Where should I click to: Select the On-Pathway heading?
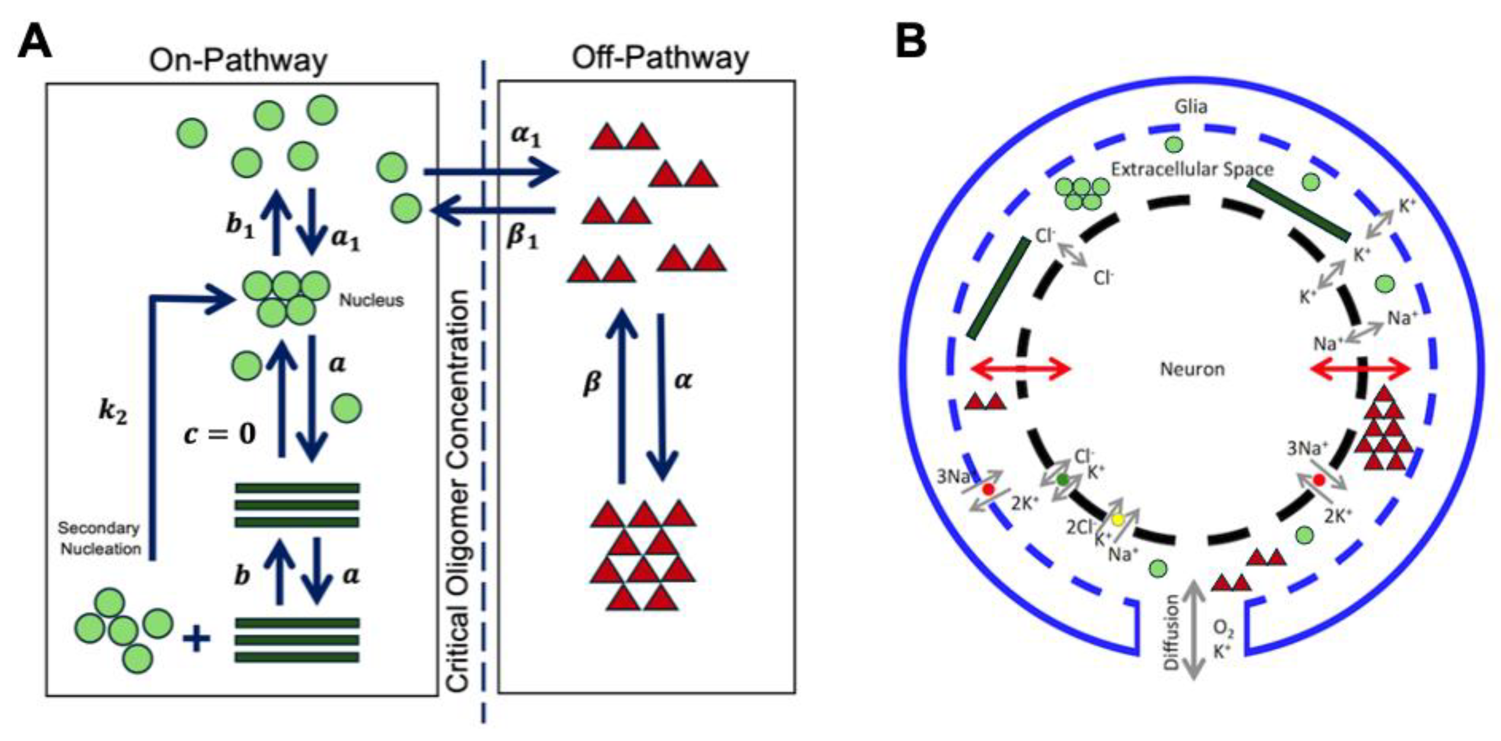point(238,60)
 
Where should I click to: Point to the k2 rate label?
point(112,413)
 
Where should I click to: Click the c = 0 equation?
point(220,434)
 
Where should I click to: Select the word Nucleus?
point(371,301)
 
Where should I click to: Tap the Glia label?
point(1191,107)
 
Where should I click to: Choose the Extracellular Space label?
point(1192,169)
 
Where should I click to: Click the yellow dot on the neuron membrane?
point(1117,519)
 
